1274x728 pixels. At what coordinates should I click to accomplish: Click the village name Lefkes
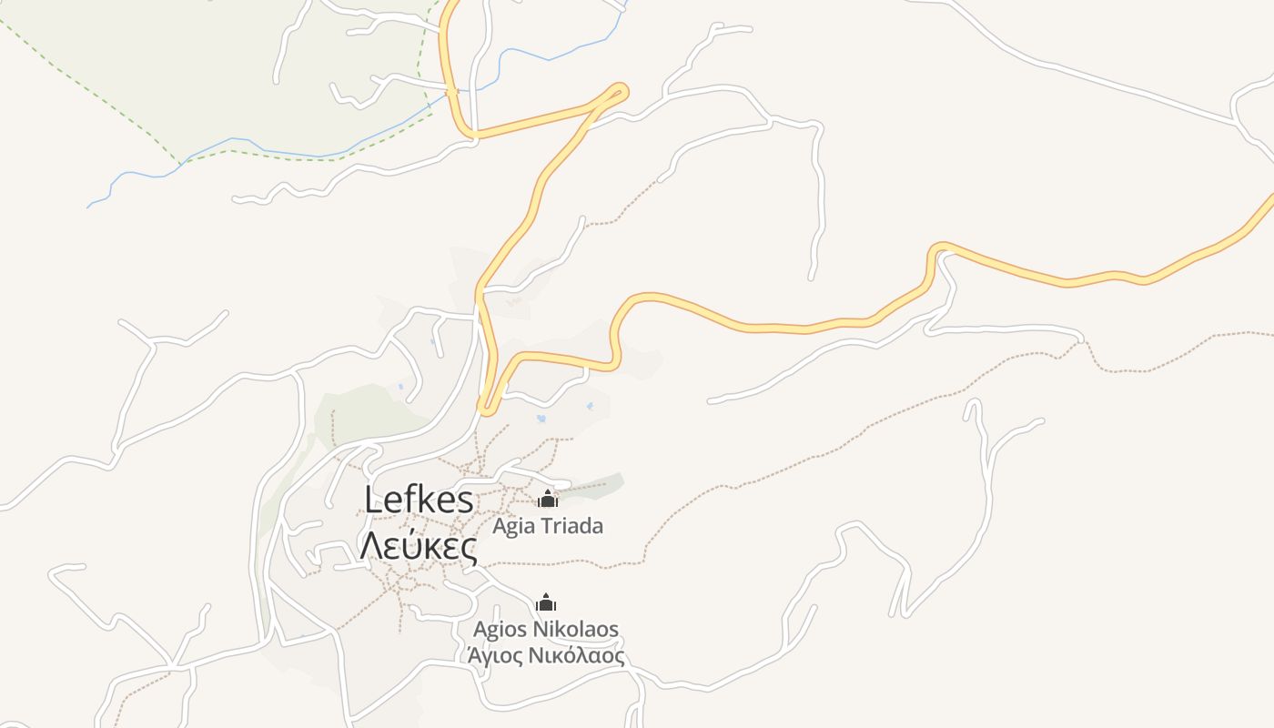pos(419,500)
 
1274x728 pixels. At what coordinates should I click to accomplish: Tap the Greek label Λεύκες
pos(419,548)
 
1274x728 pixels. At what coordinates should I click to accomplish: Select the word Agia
pos(513,526)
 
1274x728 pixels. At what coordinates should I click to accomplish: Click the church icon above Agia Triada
pos(547,499)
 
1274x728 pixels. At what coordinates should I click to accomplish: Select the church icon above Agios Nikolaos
pos(546,602)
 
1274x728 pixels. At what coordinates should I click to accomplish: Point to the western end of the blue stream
pos(89,207)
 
